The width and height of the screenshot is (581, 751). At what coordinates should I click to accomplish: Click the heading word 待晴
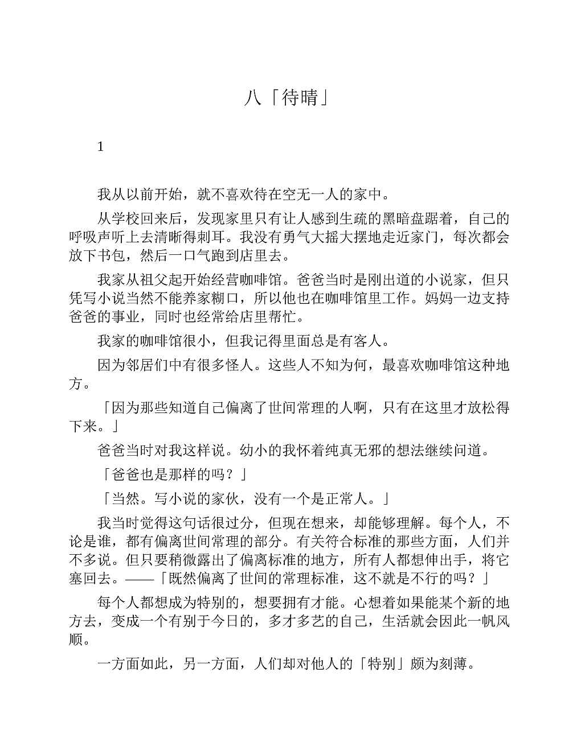pos(298,98)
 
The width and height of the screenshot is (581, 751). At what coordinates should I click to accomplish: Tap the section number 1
pos(101,147)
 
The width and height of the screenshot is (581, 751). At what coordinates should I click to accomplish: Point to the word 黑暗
pos(395,219)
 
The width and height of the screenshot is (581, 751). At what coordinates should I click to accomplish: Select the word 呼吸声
pos(90,237)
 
